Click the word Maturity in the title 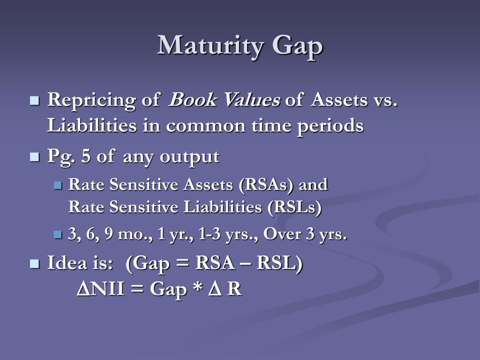coord(210,46)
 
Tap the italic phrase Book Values coord(224,100)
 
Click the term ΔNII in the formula coord(100,289)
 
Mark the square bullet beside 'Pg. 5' coord(34,157)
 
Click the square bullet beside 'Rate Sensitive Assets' coord(58,185)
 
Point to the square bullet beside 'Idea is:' coord(34,263)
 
